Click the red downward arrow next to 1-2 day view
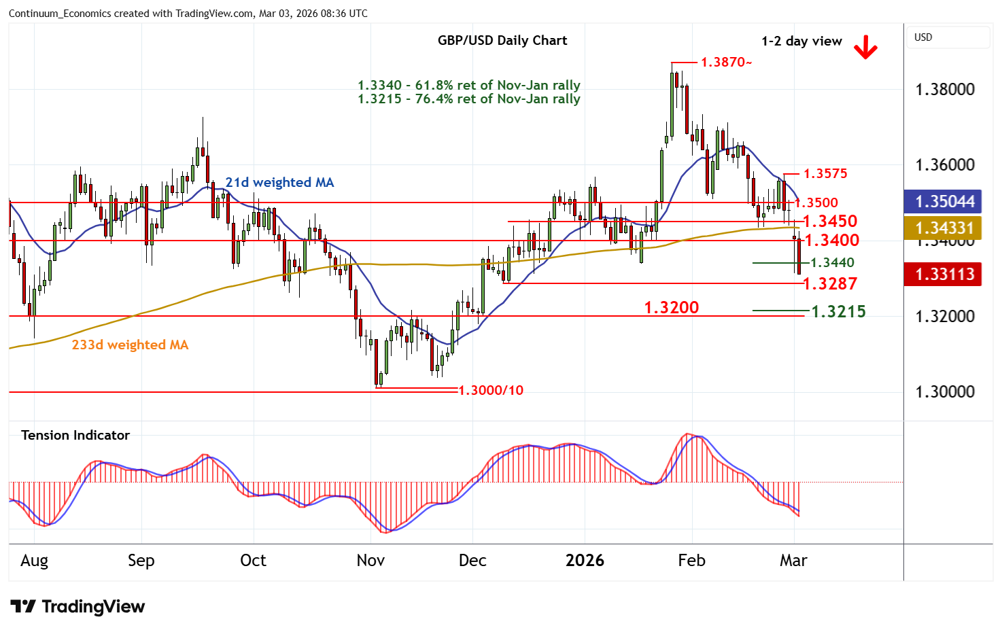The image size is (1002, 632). pyautogui.click(x=865, y=48)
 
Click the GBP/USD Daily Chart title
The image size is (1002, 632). pyautogui.click(x=502, y=40)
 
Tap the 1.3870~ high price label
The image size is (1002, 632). pyautogui.click(x=726, y=63)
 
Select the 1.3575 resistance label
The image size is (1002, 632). pyautogui.click(x=825, y=173)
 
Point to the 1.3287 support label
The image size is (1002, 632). pyautogui.click(x=830, y=283)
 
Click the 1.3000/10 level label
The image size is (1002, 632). pyautogui.click(x=491, y=390)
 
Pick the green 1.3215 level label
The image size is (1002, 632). pyautogui.click(x=839, y=311)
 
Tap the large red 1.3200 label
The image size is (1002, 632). pyautogui.click(x=672, y=307)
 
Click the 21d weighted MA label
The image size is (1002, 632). pyautogui.click(x=279, y=182)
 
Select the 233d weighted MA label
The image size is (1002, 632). pyautogui.click(x=130, y=345)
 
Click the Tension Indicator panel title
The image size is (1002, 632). pyautogui.click(x=75, y=435)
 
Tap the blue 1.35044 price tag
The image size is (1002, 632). pyautogui.click(x=945, y=202)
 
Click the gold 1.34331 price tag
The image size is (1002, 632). pyautogui.click(x=945, y=228)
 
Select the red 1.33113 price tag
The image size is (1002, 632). pyautogui.click(x=945, y=275)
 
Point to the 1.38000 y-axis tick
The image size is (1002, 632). pyautogui.click(x=945, y=90)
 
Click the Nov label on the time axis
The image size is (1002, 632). pyautogui.click(x=370, y=561)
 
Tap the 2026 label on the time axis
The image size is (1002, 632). pyautogui.click(x=585, y=561)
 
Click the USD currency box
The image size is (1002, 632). pyautogui.click(x=923, y=37)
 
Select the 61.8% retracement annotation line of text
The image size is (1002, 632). pyautogui.click(x=469, y=85)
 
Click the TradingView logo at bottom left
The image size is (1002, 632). pyautogui.click(x=78, y=606)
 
